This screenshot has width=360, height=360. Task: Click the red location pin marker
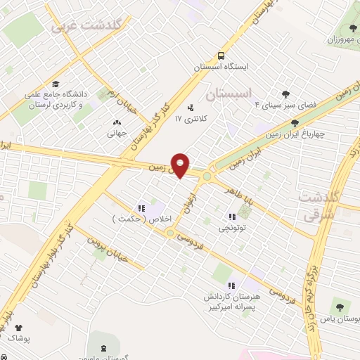[x=181, y=165]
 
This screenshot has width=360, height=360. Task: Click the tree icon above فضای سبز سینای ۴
[x=285, y=94]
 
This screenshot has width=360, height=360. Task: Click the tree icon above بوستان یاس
[x=342, y=307]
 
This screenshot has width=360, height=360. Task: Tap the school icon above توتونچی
[x=231, y=217]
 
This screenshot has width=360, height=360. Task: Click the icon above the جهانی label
[x=116, y=122]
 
